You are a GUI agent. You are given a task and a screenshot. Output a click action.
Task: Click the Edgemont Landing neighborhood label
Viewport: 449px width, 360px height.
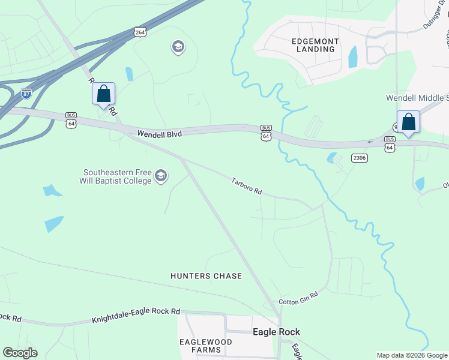tap(315, 45)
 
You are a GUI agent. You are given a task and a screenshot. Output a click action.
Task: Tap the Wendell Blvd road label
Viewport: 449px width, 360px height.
tap(159, 134)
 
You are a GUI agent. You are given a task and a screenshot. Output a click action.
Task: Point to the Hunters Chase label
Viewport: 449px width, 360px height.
tap(206, 276)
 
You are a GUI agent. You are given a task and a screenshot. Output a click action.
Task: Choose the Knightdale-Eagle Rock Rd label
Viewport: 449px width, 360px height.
tap(136, 316)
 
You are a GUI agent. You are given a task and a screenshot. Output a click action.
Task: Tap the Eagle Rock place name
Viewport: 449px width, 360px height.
tap(276, 332)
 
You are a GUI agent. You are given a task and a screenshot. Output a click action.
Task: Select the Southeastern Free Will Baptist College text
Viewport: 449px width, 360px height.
tap(116, 176)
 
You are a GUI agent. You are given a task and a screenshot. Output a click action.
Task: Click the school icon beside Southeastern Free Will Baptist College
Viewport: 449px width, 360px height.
tap(160, 176)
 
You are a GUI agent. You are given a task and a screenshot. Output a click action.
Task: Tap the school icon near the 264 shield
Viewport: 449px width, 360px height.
tap(178, 47)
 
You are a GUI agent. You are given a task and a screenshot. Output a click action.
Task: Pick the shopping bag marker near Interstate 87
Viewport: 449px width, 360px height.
tap(103, 94)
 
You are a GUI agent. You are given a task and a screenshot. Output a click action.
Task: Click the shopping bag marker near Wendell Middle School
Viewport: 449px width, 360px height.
tap(408, 122)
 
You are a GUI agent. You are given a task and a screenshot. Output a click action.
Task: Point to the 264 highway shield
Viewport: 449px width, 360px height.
tap(140, 32)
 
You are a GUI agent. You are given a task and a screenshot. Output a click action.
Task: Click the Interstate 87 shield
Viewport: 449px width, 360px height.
tap(26, 93)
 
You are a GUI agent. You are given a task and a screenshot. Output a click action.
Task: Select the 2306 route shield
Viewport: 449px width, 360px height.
tap(360, 158)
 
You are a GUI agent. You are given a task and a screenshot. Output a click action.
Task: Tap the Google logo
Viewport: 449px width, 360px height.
tap(20, 353)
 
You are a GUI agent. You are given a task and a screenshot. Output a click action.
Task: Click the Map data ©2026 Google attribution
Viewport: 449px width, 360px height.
tap(412, 355)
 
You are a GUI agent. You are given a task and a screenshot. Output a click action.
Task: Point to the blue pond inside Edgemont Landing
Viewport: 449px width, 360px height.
tap(353, 57)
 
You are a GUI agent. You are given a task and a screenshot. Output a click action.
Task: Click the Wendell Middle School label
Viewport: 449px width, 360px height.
tap(417, 98)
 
